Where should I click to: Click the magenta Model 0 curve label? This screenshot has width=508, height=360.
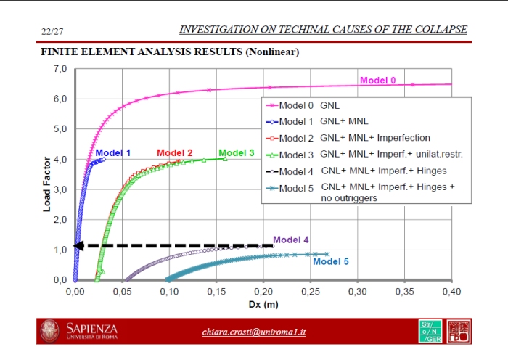coord(378,80)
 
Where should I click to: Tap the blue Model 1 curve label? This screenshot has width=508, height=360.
coord(113,153)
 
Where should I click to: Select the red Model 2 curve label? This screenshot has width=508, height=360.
coord(175,153)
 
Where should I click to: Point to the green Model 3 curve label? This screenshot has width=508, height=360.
coord(237,152)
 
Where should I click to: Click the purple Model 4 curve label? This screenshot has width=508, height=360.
coord(291,240)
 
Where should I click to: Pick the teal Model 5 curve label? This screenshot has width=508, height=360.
coord(330,261)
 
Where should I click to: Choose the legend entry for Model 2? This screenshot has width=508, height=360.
coord(355,138)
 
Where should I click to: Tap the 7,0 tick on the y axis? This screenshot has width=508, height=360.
coord(59,69)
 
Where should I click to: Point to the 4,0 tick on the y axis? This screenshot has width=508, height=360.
coord(59,160)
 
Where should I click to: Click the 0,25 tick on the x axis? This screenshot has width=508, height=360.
coord(310,291)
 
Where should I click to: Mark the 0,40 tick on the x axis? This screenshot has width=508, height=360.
coord(451,291)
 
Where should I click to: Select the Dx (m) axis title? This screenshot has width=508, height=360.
coord(262,303)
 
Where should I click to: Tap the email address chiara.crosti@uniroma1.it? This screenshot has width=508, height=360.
coord(254,332)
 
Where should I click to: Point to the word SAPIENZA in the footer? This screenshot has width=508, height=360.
coord(91,328)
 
